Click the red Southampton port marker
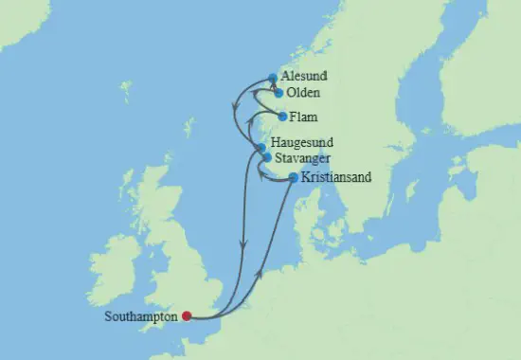(x=187, y=316)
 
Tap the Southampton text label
(x=142, y=316)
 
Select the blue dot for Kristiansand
(x=293, y=177)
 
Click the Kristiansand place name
(x=335, y=176)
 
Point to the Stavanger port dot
(x=266, y=157)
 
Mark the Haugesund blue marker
(x=261, y=147)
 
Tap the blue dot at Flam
(x=282, y=117)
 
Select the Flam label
(x=304, y=117)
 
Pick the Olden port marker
(x=278, y=93)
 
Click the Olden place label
(x=304, y=93)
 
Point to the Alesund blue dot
(x=273, y=78)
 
